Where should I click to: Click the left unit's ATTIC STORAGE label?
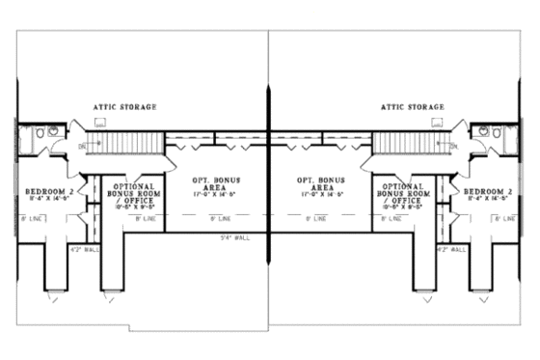[124, 106]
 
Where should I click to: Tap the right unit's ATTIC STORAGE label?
[414, 106]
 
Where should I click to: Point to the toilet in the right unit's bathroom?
[498, 133]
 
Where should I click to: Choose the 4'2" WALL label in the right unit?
[450, 249]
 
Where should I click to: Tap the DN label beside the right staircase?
[453, 147]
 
